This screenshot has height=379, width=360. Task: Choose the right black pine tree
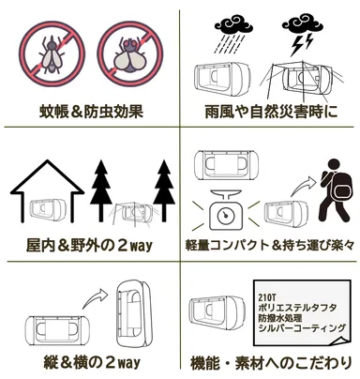coord(165,193)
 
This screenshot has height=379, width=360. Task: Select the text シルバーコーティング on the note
coord(298,331)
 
